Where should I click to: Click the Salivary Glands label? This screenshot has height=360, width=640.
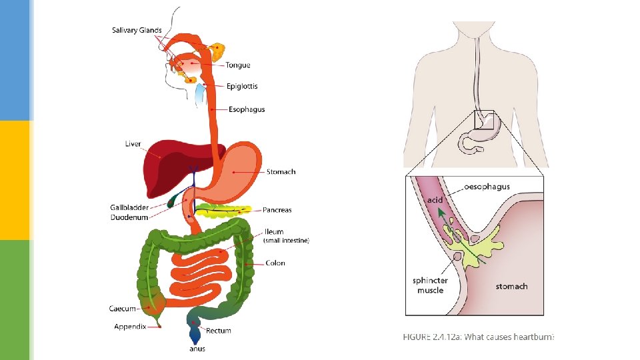coord(136,31)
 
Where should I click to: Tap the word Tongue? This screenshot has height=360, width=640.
coord(237,65)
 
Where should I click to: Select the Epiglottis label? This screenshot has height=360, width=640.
coord(241,87)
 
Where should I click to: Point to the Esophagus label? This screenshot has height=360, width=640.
coord(247,109)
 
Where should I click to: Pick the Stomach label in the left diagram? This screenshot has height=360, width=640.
coord(281,172)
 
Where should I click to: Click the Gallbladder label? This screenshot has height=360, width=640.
coord(129,208)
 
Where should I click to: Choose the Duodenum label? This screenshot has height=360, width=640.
coord(129,217)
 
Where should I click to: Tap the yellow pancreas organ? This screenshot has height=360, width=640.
coord(223,212)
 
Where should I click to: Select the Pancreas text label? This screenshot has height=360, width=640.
coord(277,211)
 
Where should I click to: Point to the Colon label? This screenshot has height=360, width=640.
coord(275,263)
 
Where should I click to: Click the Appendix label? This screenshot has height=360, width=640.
coord(130,327)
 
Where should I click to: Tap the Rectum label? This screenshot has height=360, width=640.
coord(219,331)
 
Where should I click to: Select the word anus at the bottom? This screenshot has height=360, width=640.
coord(197,349)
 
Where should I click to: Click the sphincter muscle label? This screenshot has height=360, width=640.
coord(430,285)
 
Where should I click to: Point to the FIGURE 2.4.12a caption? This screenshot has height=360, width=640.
coord(478,337)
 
